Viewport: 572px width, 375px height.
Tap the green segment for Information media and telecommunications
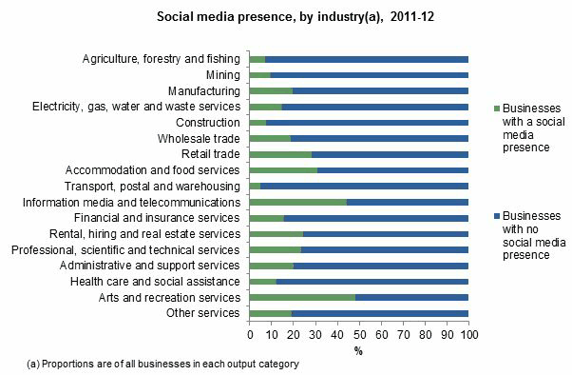tap(297, 202)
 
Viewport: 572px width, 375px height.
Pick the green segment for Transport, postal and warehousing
tap(255, 186)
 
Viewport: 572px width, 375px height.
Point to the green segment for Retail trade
tap(280, 154)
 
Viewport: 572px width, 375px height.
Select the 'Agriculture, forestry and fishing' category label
tap(162, 59)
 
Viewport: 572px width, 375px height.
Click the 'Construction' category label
tap(208, 122)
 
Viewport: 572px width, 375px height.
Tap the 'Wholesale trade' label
tap(199, 138)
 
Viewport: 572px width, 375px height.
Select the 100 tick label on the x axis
tap(468, 334)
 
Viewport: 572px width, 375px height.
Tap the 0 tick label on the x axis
tap(249, 334)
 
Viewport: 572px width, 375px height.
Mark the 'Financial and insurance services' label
tap(164, 218)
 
